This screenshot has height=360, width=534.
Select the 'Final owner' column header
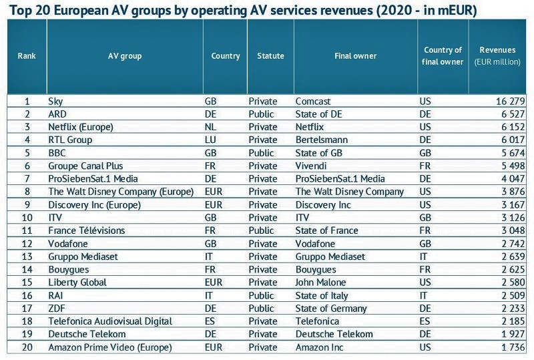click(x=355, y=56)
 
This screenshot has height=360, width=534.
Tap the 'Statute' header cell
click(x=270, y=56)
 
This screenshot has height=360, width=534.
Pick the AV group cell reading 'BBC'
click(x=57, y=153)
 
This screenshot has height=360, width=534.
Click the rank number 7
click(x=27, y=179)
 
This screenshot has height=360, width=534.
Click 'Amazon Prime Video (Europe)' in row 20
click(x=110, y=347)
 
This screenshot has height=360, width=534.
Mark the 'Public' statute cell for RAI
click(x=262, y=295)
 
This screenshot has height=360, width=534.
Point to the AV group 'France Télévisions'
click(x=87, y=230)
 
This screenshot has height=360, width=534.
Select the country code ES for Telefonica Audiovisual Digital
click(x=210, y=321)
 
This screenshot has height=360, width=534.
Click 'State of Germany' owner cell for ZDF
click(x=331, y=309)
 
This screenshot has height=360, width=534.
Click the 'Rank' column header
click(x=27, y=56)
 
